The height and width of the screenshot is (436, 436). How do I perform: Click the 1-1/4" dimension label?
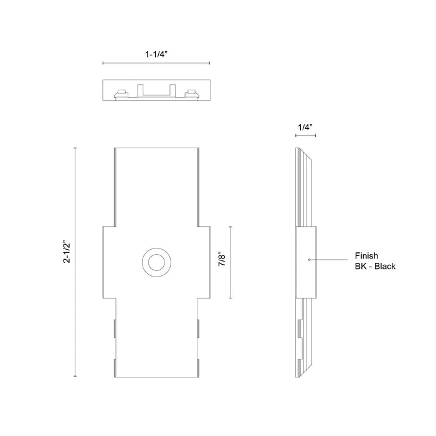pyautogui.click(x=156, y=54)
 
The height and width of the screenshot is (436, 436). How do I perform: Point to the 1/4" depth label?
pyautogui.click(x=305, y=128)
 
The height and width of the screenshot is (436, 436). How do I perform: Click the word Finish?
pyautogui.click(x=367, y=255)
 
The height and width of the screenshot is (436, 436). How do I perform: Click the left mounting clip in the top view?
pyautogui.click(x=121, y=94)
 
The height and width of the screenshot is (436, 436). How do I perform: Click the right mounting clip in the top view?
pyautogui.click(x=191, y=94)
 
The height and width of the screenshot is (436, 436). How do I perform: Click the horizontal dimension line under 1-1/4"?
pyautogui.click(x=156, y=63)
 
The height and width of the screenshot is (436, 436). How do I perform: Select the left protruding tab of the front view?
pyautogui.click(x=108, y=262)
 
